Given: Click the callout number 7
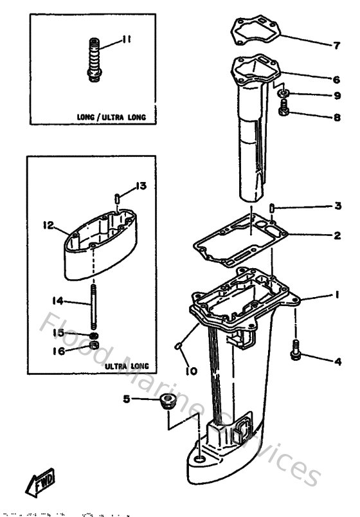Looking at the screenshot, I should point(336,45).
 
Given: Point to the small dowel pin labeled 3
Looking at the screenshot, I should point(273,208).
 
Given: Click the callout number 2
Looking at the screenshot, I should point(336,235).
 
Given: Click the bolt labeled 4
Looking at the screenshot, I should point(296,349).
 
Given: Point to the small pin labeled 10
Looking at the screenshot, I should point(179,348).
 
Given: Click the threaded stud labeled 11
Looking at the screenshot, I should point(94,61).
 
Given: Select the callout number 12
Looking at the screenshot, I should point(47,226).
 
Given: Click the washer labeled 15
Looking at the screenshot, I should point(94,335).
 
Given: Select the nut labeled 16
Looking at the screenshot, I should point(94,348).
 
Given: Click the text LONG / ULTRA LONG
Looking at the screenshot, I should point(111,117).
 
